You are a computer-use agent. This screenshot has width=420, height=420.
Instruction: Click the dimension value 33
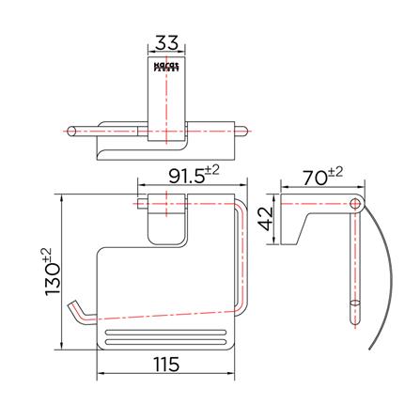(x=166, y=43)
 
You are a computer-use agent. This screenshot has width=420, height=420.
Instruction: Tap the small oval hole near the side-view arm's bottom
(x=354, y=305)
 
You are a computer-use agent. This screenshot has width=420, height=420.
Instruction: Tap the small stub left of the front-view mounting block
(x=141, y=202)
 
